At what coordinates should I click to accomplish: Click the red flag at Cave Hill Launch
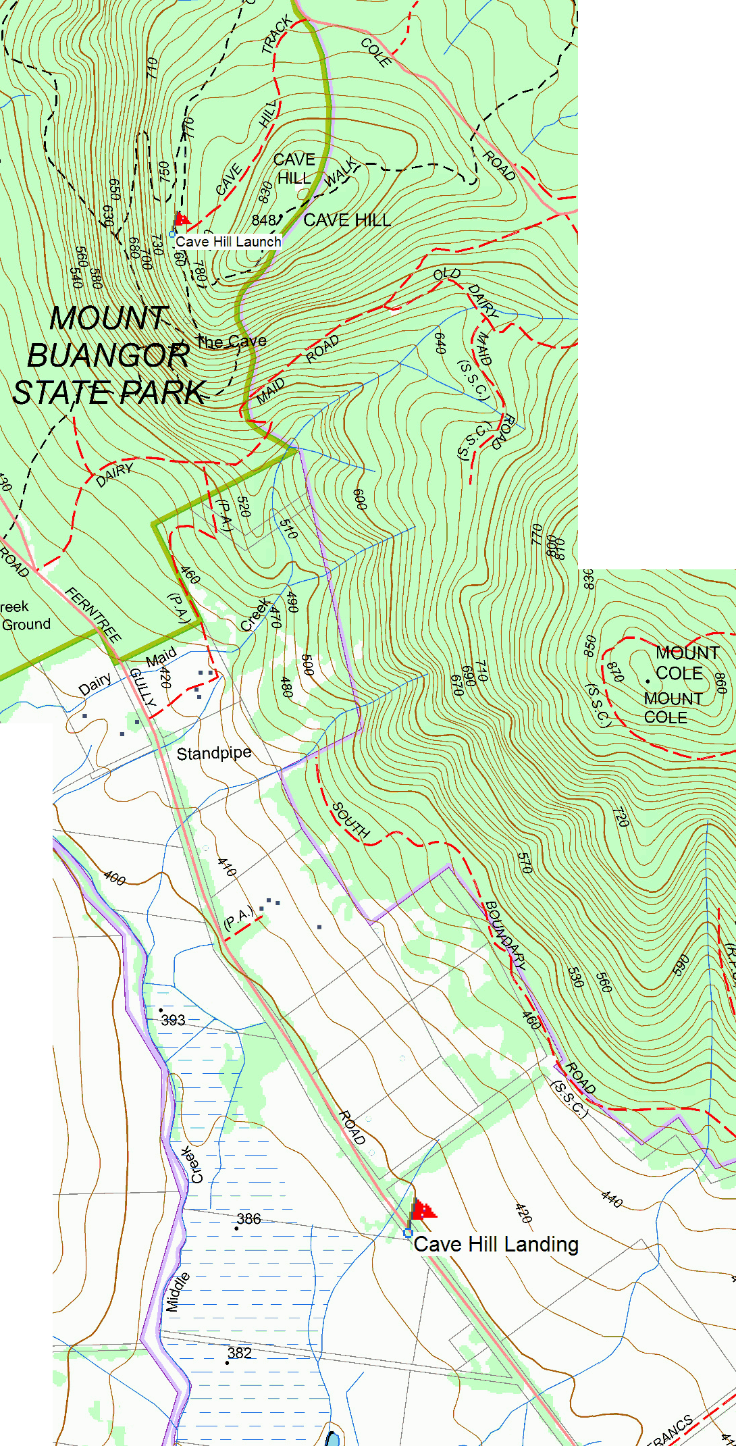(x=181, y=219)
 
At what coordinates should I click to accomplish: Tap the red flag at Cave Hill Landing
(x=423, y=1208)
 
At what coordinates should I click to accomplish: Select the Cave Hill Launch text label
(x=228, y=242)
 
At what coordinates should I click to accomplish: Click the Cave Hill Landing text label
(x=496, y=1244)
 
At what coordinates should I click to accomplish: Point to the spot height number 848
(x=264, y=220)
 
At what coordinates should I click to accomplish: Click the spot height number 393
(x=173, y=1020)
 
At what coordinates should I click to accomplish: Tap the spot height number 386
(x=248, y=1219)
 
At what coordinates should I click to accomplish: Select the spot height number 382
(x=240, y=1353)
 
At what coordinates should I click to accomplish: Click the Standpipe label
(x=214, y=753)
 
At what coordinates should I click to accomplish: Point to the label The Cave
(x=231, y=342)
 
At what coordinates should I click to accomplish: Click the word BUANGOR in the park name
(x=109, y=356)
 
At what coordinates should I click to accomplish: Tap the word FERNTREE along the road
(x=94, y=615)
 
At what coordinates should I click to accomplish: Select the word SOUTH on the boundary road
(x=350, y=820)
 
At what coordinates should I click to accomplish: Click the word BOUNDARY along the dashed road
(x=505, y=935)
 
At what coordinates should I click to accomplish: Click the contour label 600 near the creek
(x=359, y=499)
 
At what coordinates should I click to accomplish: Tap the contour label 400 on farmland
(x=115, y=879)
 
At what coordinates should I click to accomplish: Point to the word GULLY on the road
(x=142, y=688)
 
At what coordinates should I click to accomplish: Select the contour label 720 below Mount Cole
(x=620, y=817)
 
